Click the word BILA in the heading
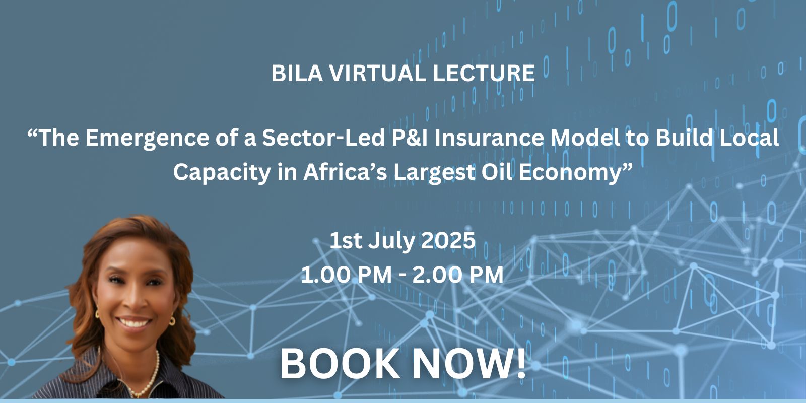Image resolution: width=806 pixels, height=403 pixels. pyautogui.click(x=297, y=74)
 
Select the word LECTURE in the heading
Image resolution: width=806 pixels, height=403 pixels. pyautogui.click(x=484, y=74)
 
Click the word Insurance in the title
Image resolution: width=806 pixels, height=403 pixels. pyautogui.click(x=489, y=138)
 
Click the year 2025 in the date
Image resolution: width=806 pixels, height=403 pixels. pyautogui.click(x=448, y=240)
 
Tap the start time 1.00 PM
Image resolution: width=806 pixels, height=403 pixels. pyautogui.click(x=346, y=275)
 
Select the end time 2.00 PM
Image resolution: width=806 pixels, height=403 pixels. pyautogui.click(x=458, y=275)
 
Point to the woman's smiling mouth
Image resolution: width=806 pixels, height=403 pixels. pyautogui.click(x=133, y=322)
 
